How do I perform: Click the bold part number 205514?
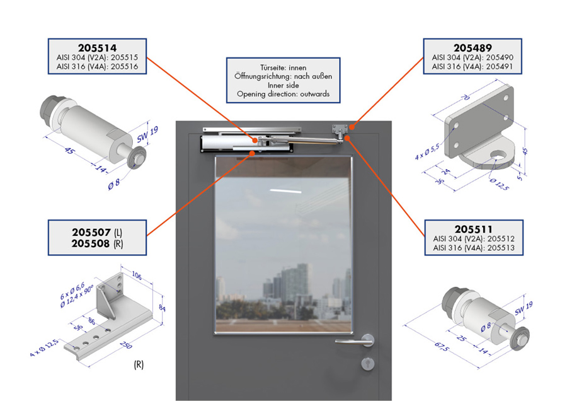[x=97, y=48]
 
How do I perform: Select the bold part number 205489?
[x=472, y=48]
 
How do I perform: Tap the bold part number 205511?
[x=473, y=229]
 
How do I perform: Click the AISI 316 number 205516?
[x=124, y=67]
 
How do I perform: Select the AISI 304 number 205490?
[x=500, y=57]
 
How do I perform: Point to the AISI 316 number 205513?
[x=501, y=248]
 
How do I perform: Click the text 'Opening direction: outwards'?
[x=283, y=94]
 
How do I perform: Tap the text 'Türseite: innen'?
[x=283, y=67]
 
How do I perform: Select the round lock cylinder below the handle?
[x=368, y=363]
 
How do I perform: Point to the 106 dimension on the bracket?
[x=136, y=276]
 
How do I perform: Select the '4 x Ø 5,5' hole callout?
[x=427, y=152]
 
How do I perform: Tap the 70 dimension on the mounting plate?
[x=466, y=97]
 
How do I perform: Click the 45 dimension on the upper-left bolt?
[x=68, y=150]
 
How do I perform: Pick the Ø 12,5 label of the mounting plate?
[x=500, y=184]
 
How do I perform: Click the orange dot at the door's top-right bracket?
[x=352, y=127]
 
